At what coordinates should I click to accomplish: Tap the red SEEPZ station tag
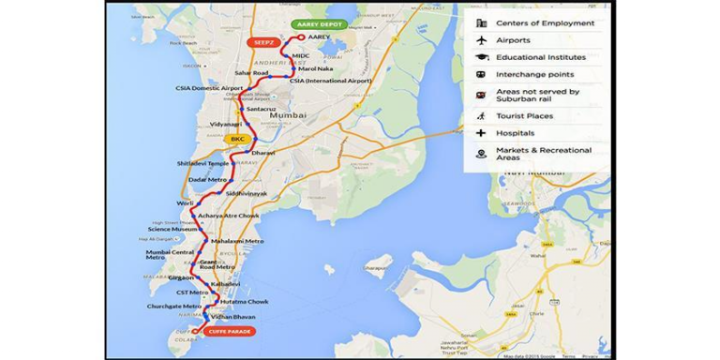coord(262,42)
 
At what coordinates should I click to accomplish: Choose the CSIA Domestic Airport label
coord(209,88)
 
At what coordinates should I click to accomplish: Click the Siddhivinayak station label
coord(247,193)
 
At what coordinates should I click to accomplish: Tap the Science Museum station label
coord(172,229)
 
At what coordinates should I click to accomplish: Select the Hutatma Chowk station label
coord(245,302)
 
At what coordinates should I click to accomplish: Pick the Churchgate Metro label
coord(173,307)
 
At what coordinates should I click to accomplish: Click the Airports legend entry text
coord(513,40)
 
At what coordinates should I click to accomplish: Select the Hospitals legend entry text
coord(516,133)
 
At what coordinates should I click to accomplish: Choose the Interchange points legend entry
coord(535,75)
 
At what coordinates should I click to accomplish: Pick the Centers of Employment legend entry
coord(547,23)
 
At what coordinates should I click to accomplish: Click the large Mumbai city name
coord(287,114)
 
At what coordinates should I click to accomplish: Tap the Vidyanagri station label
coord(226,125)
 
